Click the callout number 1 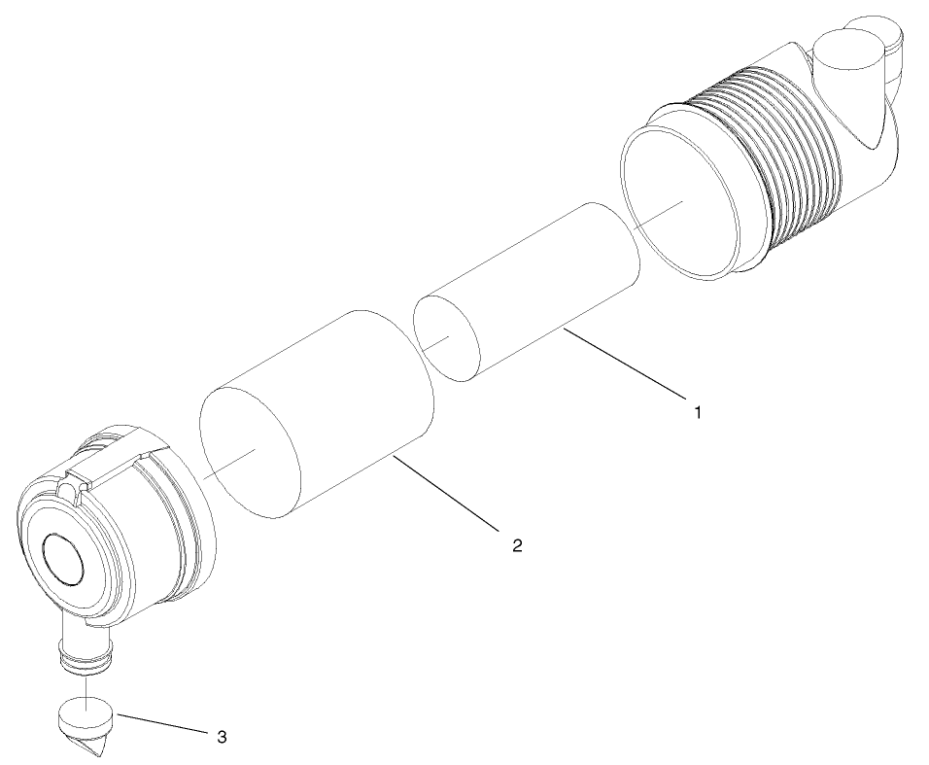[697, 412]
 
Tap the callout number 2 [518, 545]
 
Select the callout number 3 [222, 736]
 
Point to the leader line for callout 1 [621, 365]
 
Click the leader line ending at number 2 [447, 496]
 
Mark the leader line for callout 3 [160, 725]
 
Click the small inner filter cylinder [544, 282]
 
